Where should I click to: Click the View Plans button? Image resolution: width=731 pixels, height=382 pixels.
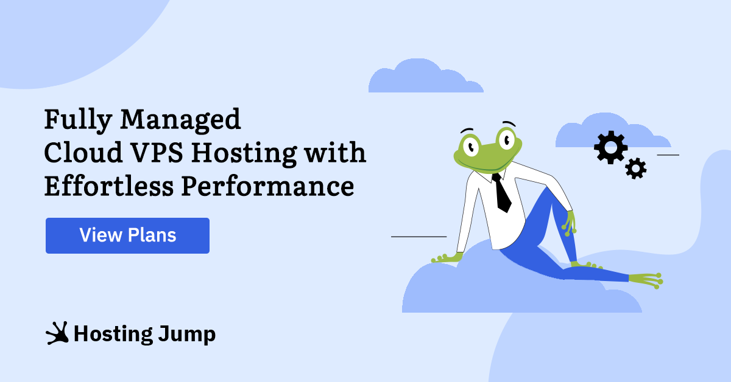click(127, 235)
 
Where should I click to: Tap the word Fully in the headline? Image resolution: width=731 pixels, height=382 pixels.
click(78, 120)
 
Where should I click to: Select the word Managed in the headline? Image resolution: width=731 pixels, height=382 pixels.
click(180, 120)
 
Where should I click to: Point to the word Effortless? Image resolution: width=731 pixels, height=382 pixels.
click(109, 186)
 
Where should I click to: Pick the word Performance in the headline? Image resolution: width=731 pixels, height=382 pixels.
click(267, 186)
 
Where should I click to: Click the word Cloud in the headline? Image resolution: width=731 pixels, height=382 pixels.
click(83, 152)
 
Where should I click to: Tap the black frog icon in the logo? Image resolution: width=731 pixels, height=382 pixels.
click(57, 333)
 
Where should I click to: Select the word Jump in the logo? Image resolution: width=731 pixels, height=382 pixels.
click(187, 335)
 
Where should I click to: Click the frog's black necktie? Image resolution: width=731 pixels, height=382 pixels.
click(502, 193)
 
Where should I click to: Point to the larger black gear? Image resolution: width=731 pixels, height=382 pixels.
click(611, 147)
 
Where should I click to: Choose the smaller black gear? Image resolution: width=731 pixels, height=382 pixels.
click(636, 168)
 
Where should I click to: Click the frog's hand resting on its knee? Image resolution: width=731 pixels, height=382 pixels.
click(570, 224)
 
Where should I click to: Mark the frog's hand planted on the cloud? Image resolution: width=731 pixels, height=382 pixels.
click(447, 258)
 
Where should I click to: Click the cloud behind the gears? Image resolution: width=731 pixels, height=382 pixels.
click(613, 130)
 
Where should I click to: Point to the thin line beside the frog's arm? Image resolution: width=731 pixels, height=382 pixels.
click(418, 237)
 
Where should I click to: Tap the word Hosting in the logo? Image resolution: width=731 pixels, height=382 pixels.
click(113, 335)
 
